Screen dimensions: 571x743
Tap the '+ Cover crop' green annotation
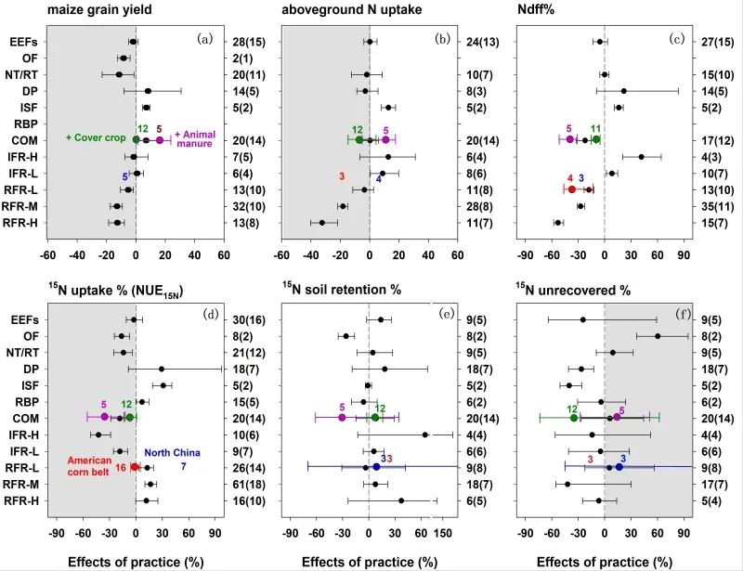[96, 138]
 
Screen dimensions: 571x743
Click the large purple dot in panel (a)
[160, 139]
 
